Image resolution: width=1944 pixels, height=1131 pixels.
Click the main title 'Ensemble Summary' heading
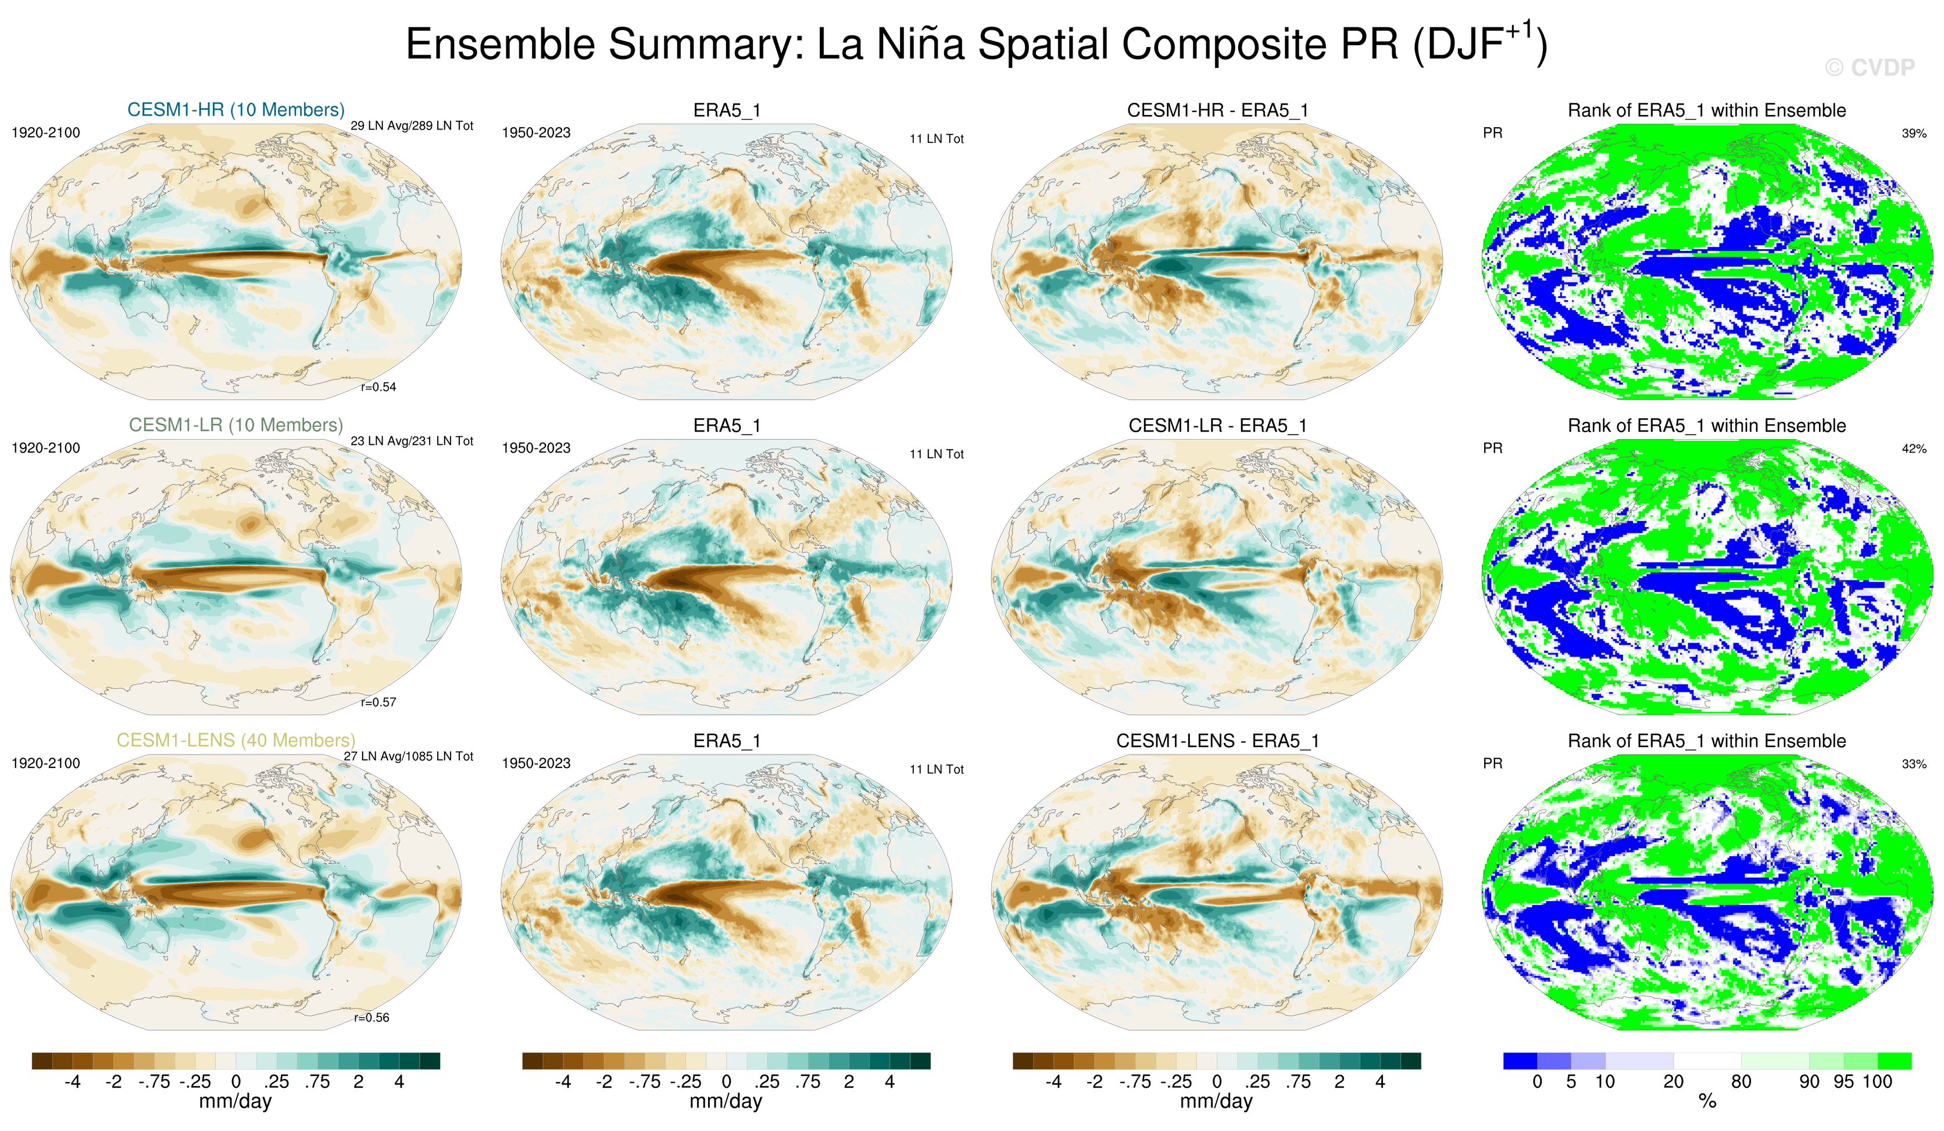pos(976,44)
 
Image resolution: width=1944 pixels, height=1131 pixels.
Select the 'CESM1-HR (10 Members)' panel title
pos(236,109)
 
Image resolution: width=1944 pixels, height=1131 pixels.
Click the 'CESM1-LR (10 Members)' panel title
pos(236,425)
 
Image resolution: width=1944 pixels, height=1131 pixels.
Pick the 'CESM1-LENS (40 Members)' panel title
pos(236,740)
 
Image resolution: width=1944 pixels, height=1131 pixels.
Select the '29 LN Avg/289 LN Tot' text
pos(412,125)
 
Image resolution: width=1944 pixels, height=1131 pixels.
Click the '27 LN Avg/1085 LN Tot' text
pos(408,756)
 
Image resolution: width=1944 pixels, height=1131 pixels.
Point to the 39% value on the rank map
pos(1914,134)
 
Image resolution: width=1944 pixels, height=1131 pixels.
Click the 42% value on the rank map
pos(1914,448)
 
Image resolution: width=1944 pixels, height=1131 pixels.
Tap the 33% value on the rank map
pos(1914,764)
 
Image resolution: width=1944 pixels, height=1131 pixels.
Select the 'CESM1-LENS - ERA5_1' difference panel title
pos(1217,741)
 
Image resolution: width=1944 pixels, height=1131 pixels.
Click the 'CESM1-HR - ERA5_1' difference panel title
pos(1217,110)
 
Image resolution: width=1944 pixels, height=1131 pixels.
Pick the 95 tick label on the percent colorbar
pos(1843,1082)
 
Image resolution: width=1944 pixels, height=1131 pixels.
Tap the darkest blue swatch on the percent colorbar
pos(1520,1061)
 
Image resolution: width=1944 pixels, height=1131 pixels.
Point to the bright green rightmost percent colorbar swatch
pos(1894,1061)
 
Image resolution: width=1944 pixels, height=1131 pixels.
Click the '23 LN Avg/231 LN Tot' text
pos(412,441)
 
